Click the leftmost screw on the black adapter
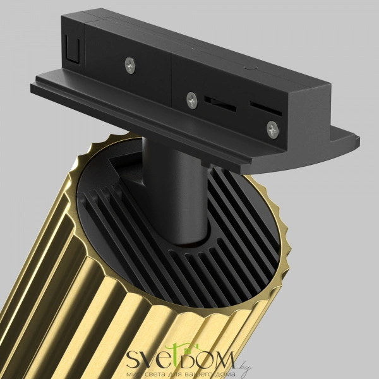pyautogui.click(x=130, y=66)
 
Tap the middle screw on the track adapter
pyautogui.click(x=192, y=100)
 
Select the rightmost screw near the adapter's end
pyautogui.click(x=273, y=130)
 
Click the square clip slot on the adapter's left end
pyautogui.click(x=73, y=49)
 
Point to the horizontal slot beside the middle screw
pyautogui.click(x=220, y=104)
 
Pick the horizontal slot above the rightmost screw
pyautogui.click(x=266, y=109)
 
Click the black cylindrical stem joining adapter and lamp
pyautogui.click(x=175, y=191)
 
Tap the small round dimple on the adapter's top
pyautogui.click(x=250, y=68)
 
